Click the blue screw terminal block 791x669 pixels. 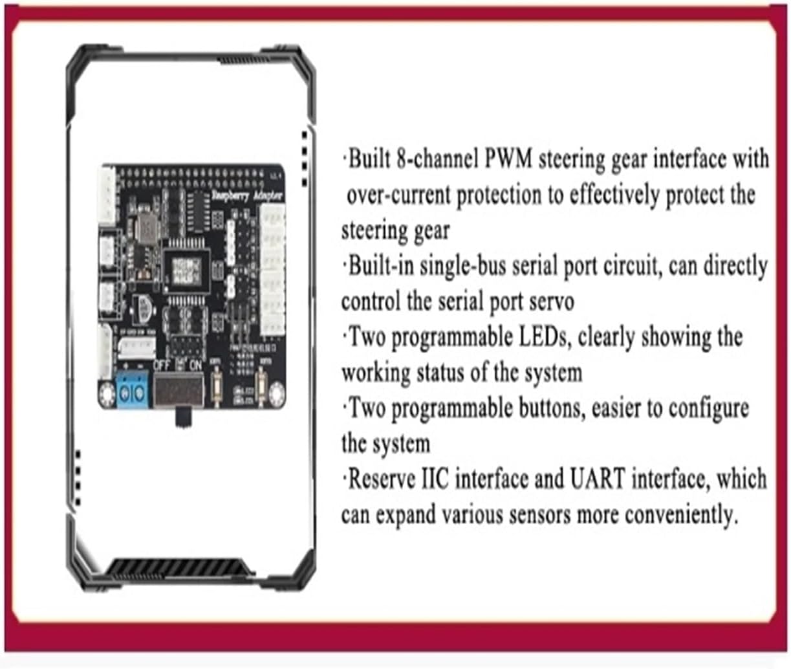tap(133, 390)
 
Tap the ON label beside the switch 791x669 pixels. tap(195, 365)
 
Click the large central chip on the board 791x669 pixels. tap(186, 266)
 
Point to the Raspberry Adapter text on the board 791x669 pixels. tap(247, 195)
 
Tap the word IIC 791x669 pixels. tap(435, 479)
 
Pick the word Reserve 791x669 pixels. tap(382, 479)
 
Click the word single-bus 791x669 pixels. tap(462, 266)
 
